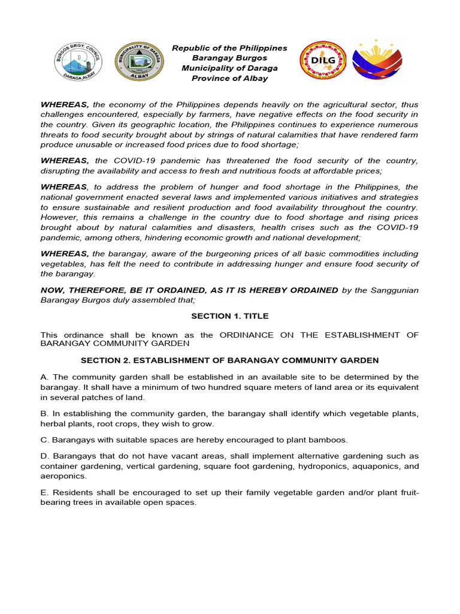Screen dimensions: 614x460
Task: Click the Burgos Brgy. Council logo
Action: [78, 62]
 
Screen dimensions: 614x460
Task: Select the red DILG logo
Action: [323, 62]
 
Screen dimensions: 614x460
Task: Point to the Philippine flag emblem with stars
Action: [377, 62]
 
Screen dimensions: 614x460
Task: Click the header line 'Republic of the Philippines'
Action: [229, 48]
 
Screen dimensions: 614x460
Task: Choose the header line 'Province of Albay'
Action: [229, 78]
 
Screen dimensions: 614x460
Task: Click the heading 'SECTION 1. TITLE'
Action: [229, 316]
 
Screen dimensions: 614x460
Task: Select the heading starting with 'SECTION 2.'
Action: [229, 360]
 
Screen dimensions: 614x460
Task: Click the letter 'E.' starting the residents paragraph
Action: [44, 493]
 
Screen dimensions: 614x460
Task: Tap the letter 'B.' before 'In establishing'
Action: [44, 414]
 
